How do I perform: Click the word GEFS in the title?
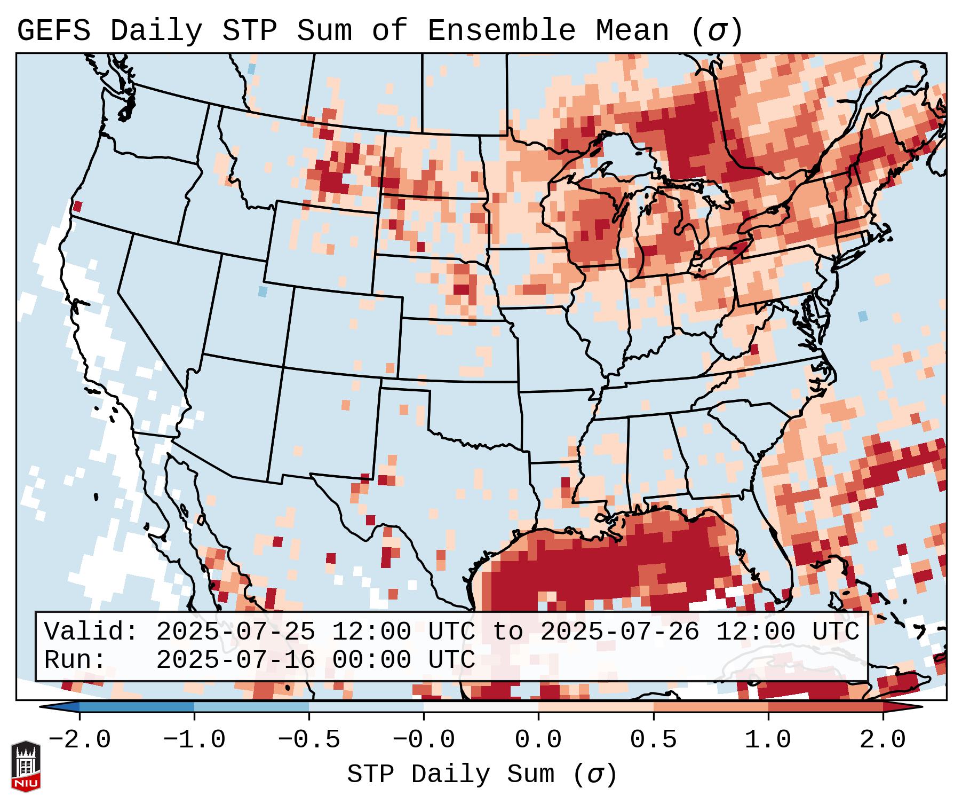[x=53, y=31]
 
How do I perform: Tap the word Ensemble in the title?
[x=501, y=31]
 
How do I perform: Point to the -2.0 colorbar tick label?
[x=79, y=740]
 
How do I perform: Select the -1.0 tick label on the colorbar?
[x=194, y=740]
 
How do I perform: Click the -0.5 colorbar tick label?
[x=309, y=740]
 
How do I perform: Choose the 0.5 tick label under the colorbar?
[x=653, y=740]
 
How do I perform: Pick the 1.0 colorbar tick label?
[x=768, y=740]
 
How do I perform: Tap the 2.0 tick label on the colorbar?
[x=883, y=740]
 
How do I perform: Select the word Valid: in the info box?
[x=91, y=632]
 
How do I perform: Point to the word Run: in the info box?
[x=75, y=660]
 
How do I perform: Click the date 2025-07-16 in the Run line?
[x=235, y=660]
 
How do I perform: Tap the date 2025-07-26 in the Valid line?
[x=619, y=632]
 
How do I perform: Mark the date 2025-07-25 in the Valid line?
[x=235, y=632]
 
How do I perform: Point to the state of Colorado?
[x=345, y=331]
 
